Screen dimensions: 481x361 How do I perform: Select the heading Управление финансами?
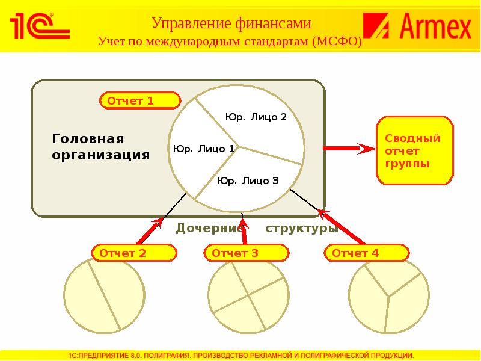click(231, 23)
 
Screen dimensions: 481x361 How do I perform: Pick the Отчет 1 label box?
click(139, 100)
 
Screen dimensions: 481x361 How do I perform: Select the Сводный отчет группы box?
click(415, 151)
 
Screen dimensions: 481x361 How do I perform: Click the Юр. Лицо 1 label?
click(203, 149)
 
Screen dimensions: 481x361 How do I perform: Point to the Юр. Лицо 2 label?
click(256, 117)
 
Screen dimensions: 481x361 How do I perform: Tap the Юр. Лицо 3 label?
click(248, 180)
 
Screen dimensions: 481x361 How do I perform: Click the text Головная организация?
click(100, 147)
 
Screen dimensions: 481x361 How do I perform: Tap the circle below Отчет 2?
click(104, 294)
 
